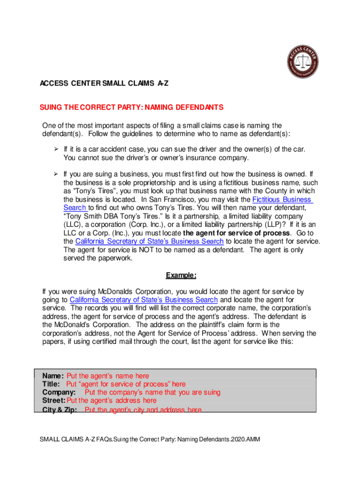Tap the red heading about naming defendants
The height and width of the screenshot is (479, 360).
(131, 108)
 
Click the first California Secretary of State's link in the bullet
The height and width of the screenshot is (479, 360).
(149, 241)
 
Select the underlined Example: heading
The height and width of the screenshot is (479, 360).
(180, 276)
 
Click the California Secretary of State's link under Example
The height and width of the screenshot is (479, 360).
(144, 300)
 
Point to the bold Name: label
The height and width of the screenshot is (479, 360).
(53, 376)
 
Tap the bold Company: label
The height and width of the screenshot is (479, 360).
(59, 392)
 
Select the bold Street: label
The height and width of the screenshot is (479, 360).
(54, 400)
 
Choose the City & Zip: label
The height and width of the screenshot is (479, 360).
(61, 410)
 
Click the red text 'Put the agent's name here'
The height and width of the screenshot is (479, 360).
(108, 376)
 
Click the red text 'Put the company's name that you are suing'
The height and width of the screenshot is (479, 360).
(152, 392)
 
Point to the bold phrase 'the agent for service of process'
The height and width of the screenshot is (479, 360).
(237, 233)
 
